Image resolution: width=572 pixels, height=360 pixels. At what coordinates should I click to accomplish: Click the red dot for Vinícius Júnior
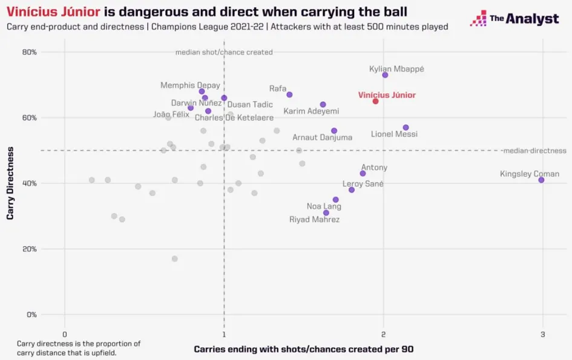[x=375, y=101]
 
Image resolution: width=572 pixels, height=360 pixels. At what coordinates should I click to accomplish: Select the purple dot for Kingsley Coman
[x=541, y=180]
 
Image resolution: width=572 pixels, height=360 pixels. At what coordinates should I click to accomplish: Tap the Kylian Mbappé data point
[x=385, y=74]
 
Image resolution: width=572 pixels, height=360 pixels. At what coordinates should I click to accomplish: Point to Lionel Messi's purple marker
[x=406, y=128]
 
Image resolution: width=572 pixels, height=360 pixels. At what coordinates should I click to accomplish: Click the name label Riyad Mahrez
[x=314, y=220]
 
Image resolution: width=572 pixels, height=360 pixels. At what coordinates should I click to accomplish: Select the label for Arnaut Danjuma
[x=322, y=137]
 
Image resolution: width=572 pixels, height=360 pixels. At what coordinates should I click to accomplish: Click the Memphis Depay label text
[x=190, y=85]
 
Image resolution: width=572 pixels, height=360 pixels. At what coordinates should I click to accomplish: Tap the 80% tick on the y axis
[x=28, y=52]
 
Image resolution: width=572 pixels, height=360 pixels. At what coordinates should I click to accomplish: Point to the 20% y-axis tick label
[x=28, y=249]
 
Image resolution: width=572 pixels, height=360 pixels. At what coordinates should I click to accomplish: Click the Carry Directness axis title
[x=10, y=183]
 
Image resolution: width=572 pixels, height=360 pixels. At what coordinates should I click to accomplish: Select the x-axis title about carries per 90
[x=303, y=349]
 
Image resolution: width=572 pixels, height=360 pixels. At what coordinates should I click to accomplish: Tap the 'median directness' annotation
[x=534, y=151]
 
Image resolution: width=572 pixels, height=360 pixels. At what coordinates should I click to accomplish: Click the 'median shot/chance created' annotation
[x=224, y=52]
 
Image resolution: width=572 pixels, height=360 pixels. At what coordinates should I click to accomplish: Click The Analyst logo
[x=514, y=19]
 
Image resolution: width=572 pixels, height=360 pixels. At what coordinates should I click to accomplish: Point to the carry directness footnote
[x=79, y=348]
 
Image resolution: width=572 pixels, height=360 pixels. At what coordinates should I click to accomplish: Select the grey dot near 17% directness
[x=175, y=258]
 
